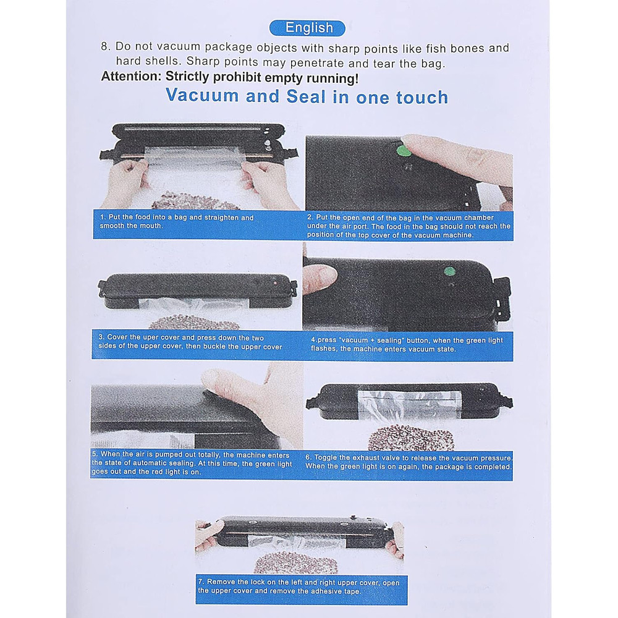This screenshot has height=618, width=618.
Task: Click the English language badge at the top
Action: click(310, 28)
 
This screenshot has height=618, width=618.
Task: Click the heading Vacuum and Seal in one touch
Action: click(307, 97)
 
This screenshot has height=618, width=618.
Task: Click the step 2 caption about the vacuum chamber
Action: click(408, 226)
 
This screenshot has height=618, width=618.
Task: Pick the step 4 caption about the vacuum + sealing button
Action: click(408, 345)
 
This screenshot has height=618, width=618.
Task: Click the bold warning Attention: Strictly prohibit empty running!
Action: click(229, 78)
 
